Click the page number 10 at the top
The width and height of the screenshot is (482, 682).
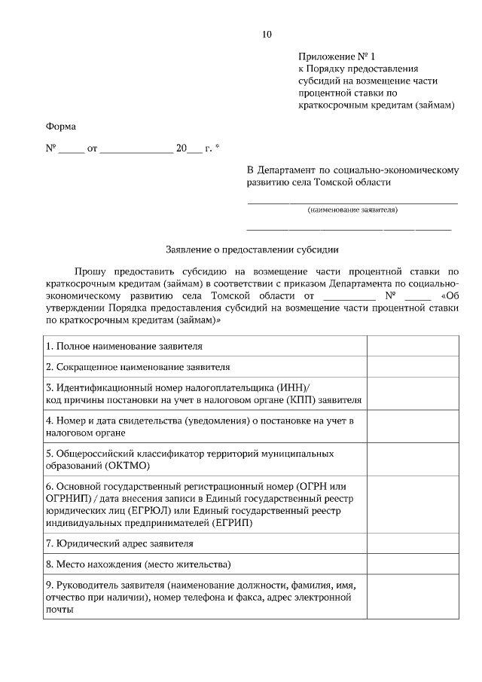[267, 34]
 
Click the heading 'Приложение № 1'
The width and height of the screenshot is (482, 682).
[336, 57]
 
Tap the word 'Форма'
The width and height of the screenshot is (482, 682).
[61, 126]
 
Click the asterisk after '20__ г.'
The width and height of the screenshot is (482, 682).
[218, 148]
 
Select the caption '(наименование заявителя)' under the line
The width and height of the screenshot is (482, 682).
[352, 209]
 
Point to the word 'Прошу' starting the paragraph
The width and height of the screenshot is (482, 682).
[90, 270]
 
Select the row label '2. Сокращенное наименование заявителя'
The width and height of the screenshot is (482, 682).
[138, 367]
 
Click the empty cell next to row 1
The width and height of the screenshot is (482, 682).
[413, 346]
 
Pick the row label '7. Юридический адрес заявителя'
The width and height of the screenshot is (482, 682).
[119, 543]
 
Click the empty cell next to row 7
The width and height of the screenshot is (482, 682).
[413, 543]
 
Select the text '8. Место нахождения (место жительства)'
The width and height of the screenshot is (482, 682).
[138, 564]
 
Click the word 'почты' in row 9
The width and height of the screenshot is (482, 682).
[60, 610]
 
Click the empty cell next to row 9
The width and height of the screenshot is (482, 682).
[413, 597]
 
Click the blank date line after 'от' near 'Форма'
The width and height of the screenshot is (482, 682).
[136, 148]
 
